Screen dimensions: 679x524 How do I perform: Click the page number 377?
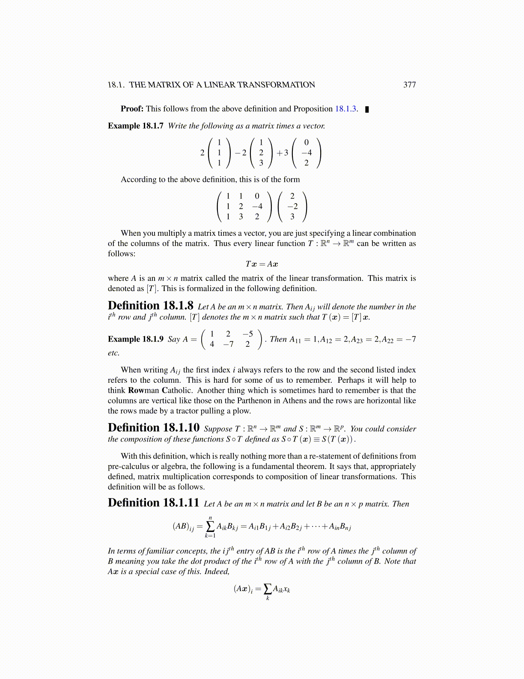click(x=409, y=85)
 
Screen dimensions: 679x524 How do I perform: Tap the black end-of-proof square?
click(x=367, y=109)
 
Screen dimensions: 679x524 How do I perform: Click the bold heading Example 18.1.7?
click(x=135, y=126)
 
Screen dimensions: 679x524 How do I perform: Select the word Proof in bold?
click(x=131, y=109)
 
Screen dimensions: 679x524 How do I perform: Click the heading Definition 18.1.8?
click(x=151, y=306)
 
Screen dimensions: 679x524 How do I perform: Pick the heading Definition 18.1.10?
click(x=154, y=428)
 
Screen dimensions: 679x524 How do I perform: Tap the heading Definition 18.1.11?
click(x=154, y=503)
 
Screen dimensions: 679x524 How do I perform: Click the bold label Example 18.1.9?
click(x=135, y=339)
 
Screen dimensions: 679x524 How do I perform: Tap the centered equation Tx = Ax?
click(x=262, y=264)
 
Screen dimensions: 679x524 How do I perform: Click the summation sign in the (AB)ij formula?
click(x=210, y=526)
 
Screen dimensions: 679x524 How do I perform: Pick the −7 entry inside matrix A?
click(x=228, y=344)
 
